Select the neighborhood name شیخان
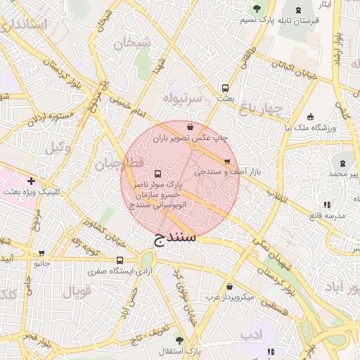click(131, 42)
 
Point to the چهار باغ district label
click(259, 108)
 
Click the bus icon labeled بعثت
click(225, 89)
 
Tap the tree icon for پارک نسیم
click(257, 8)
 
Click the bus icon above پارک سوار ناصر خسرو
click(157, 174)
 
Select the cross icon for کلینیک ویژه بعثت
click(31, 181)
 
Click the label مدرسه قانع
click(326, 215)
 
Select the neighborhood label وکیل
click(58, 148)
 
